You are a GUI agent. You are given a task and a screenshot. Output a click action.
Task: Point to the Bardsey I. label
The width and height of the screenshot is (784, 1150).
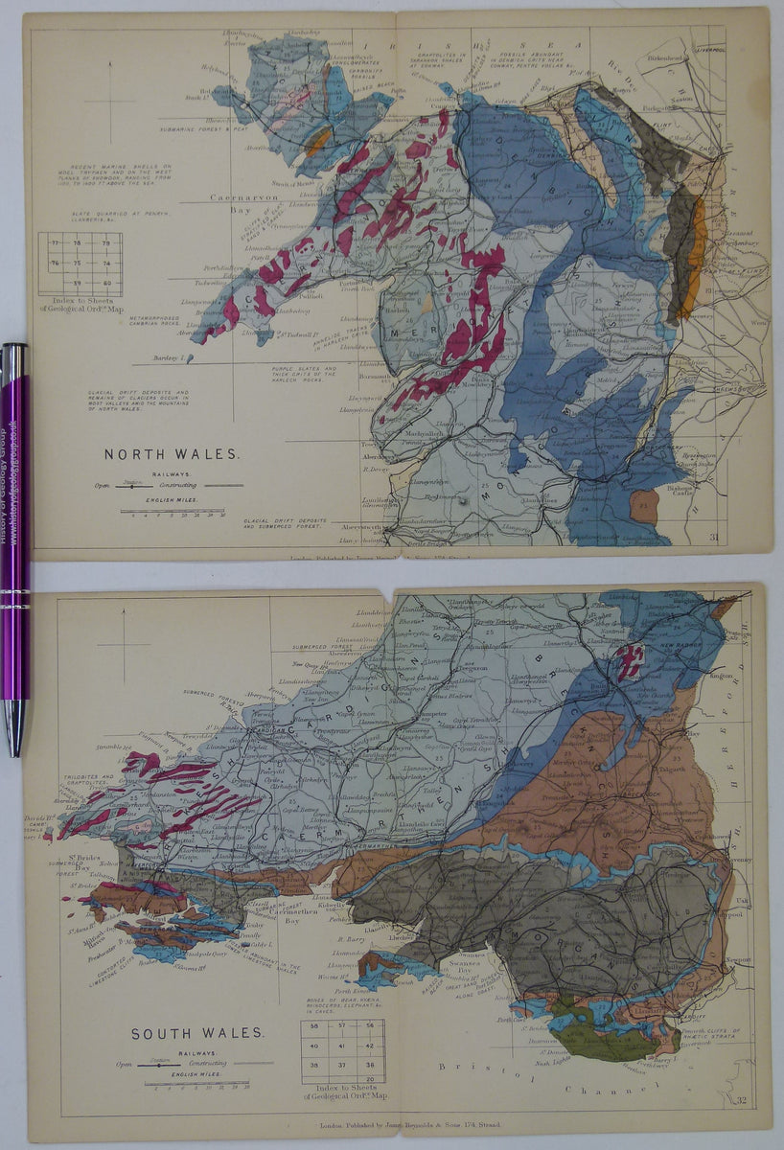(x=173, y=358)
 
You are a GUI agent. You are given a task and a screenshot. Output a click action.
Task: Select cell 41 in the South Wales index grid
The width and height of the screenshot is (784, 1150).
(x=341, y=1045)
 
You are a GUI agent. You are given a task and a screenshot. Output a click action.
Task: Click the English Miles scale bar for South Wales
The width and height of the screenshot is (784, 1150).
(x=196, y=1083)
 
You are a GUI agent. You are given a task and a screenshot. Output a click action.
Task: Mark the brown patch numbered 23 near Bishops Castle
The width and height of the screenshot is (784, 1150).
(x=644, y=506)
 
